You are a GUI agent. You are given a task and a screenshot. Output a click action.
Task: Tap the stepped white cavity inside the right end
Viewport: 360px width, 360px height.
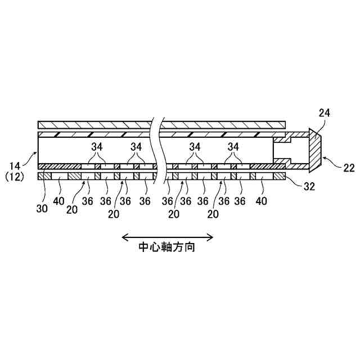click(283, 151)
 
